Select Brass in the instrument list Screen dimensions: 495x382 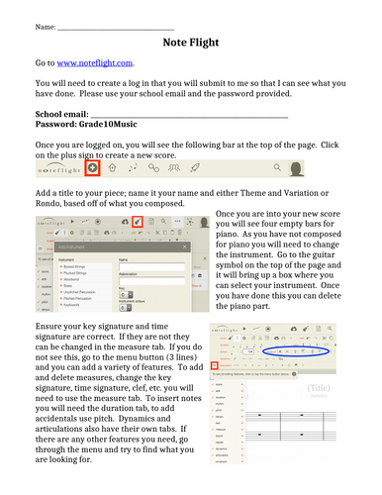69,286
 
